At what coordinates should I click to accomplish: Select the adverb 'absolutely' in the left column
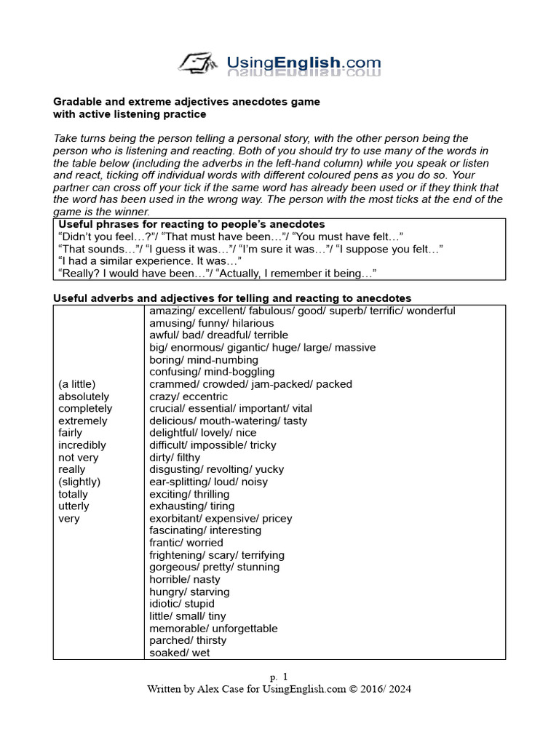click(84, 397)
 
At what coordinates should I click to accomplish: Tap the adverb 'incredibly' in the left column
click(82, 445)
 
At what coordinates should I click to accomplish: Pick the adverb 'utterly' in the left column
click(74, 506)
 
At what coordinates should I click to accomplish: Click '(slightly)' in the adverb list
click(79, 482)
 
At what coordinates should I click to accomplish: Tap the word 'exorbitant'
click(175, 519)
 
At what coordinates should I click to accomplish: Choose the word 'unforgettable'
click(245, 629)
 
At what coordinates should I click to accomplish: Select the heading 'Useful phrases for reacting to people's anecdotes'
click(191, 224)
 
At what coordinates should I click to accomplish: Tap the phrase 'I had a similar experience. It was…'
click(149, 261)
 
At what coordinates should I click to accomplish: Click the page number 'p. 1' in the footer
click(279, 676)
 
